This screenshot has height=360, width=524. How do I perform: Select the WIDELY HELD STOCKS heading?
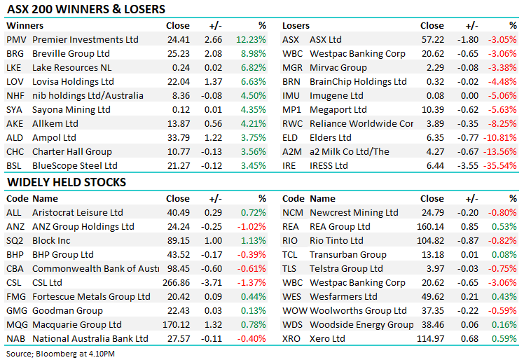click(x=67, y=182)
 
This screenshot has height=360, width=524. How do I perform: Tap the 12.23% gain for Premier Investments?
click(x=252, y=40)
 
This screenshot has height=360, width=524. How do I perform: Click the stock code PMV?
click(x=15, y=40)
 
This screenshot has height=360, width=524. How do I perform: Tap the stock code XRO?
click(x=292, y=339)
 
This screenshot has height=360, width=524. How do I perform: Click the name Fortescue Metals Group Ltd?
click(x=88, y=297)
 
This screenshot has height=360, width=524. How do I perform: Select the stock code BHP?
click(x=15, y=255)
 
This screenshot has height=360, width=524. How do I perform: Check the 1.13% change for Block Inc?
click(x=255, y=241)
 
